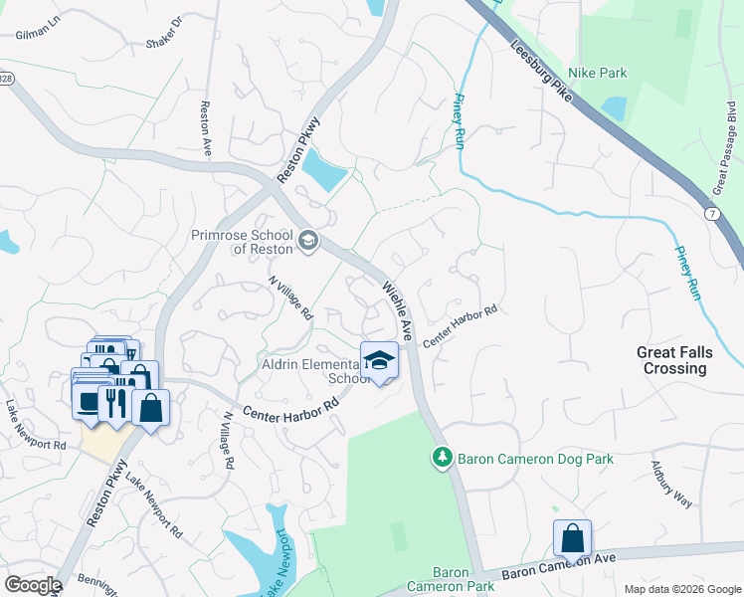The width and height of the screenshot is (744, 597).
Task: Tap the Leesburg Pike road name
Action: coord(542,71)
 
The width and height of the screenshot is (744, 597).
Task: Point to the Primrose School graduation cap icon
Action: coord(309,240)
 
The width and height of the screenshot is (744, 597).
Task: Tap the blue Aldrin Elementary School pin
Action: coord(379,361)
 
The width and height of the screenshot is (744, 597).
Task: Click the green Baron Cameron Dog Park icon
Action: coord(441,458)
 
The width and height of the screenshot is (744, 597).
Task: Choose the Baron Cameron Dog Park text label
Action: coord(535,459)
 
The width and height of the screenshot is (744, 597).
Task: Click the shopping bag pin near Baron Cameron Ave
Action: coord(573,538)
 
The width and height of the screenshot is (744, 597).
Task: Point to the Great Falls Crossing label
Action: coord(673,360)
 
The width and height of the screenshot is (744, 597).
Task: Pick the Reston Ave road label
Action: coord(207,127)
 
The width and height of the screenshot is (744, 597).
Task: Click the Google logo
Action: coord(32,585)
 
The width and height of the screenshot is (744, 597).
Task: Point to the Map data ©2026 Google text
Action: coord(681,589)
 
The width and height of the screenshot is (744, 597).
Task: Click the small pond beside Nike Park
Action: coord(614,107)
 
